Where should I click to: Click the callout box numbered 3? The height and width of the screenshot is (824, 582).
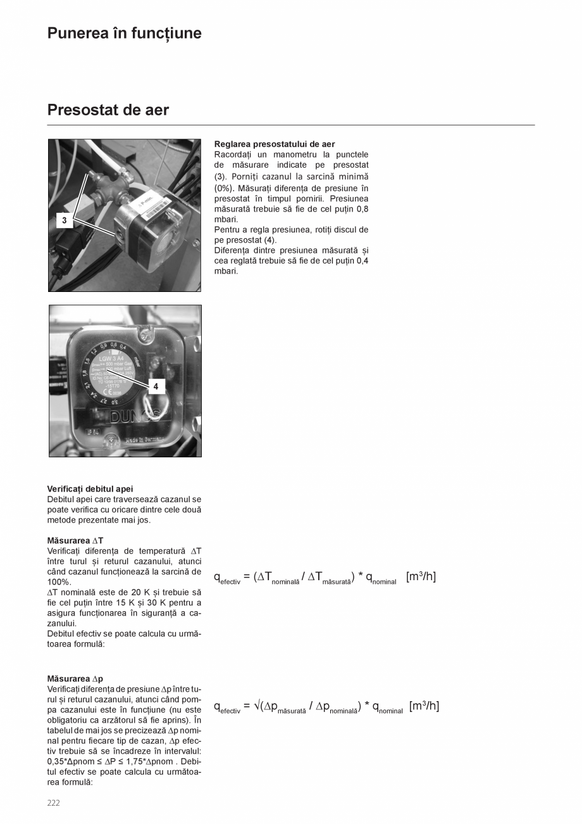click(x=65, y=220)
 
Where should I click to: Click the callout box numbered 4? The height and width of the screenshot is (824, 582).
click(x=156, y=386)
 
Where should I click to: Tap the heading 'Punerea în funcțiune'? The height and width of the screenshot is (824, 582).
click(x=124, y=34)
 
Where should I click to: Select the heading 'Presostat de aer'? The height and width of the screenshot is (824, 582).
click(x=108, y=110)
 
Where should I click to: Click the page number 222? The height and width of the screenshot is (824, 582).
click(x=54, y=803)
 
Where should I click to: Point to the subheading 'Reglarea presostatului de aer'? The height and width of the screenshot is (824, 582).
click(x=275, y=144)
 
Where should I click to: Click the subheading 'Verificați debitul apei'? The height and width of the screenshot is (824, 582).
click(x=90, y=489)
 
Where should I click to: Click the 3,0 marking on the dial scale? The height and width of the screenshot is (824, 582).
click(x=115, y=402)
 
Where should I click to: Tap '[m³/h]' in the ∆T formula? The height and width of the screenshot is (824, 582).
click(x=421, y=576)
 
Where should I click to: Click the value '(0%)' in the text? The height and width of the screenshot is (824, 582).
click(x=224, y=188)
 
